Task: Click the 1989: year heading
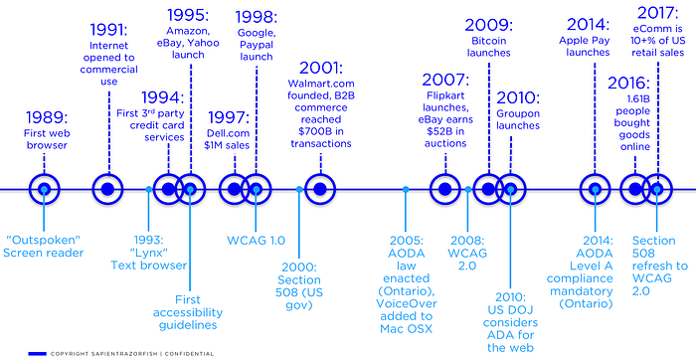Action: click(x=47, y=118)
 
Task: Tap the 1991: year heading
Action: click(x=108, y=30)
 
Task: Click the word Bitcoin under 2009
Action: click(x=489, y=41)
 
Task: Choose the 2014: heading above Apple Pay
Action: click(x=589, y=25)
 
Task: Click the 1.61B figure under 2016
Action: click(x=635, y=99)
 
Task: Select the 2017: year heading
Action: click(x=658, y=13)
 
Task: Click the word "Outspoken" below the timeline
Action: click(x=43, y=240)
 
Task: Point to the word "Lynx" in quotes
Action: click(x=149, y=253)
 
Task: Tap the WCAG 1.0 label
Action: click(x=257, y=241)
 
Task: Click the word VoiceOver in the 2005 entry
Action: click(x=407, y=303)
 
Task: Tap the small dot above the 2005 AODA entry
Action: click(x=406, y=189)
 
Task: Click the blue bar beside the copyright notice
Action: click(x=38, y=354)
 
